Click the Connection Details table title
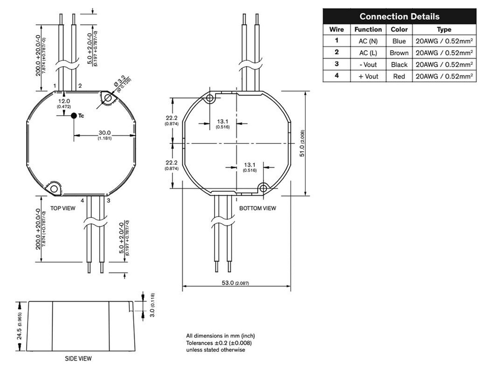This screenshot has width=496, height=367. point(399,16)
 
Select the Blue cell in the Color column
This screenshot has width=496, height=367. point(399,41)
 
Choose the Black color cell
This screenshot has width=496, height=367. point(399,64)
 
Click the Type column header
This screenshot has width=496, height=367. point(444,30)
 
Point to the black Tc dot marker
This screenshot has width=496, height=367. point(73,116)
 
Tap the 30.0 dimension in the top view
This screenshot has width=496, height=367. point(105,133)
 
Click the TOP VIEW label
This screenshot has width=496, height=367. point(63,208)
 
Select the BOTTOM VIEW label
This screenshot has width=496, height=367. point(258,208)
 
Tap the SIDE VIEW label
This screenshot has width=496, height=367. point(78,359)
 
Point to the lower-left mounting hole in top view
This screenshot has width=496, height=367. point(54,188)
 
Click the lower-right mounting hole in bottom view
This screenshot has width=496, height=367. point(263,188)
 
